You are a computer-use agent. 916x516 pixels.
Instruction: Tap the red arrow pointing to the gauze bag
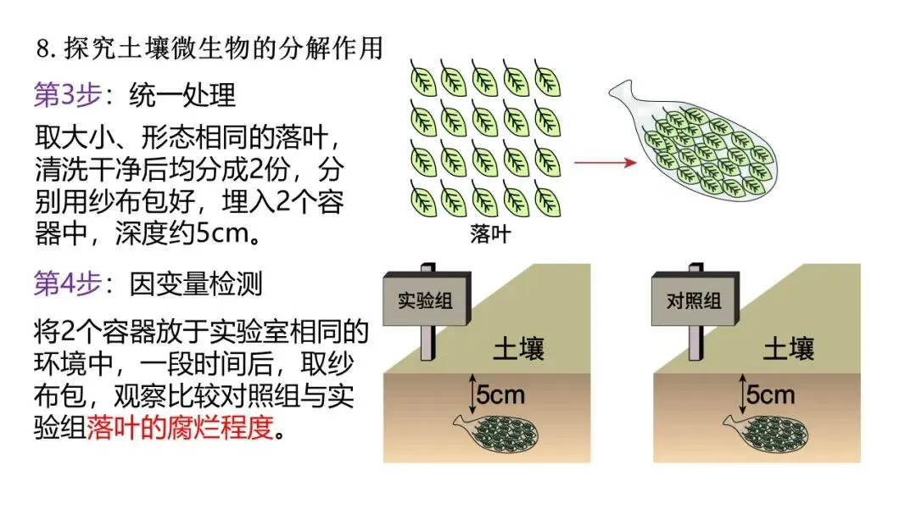[605, 160]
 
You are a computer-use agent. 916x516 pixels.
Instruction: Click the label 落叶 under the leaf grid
[490, 234]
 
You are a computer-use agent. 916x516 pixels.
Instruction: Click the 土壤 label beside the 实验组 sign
[518, 348]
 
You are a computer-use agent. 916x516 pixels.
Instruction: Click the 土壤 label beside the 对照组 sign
[789, 348]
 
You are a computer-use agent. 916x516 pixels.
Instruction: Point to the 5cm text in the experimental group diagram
[500, 394]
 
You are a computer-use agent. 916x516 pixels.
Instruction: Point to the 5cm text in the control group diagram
[770, 394]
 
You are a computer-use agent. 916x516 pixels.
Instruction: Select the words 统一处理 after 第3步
[182, 96]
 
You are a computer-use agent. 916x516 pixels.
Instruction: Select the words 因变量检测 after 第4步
[196, 284]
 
